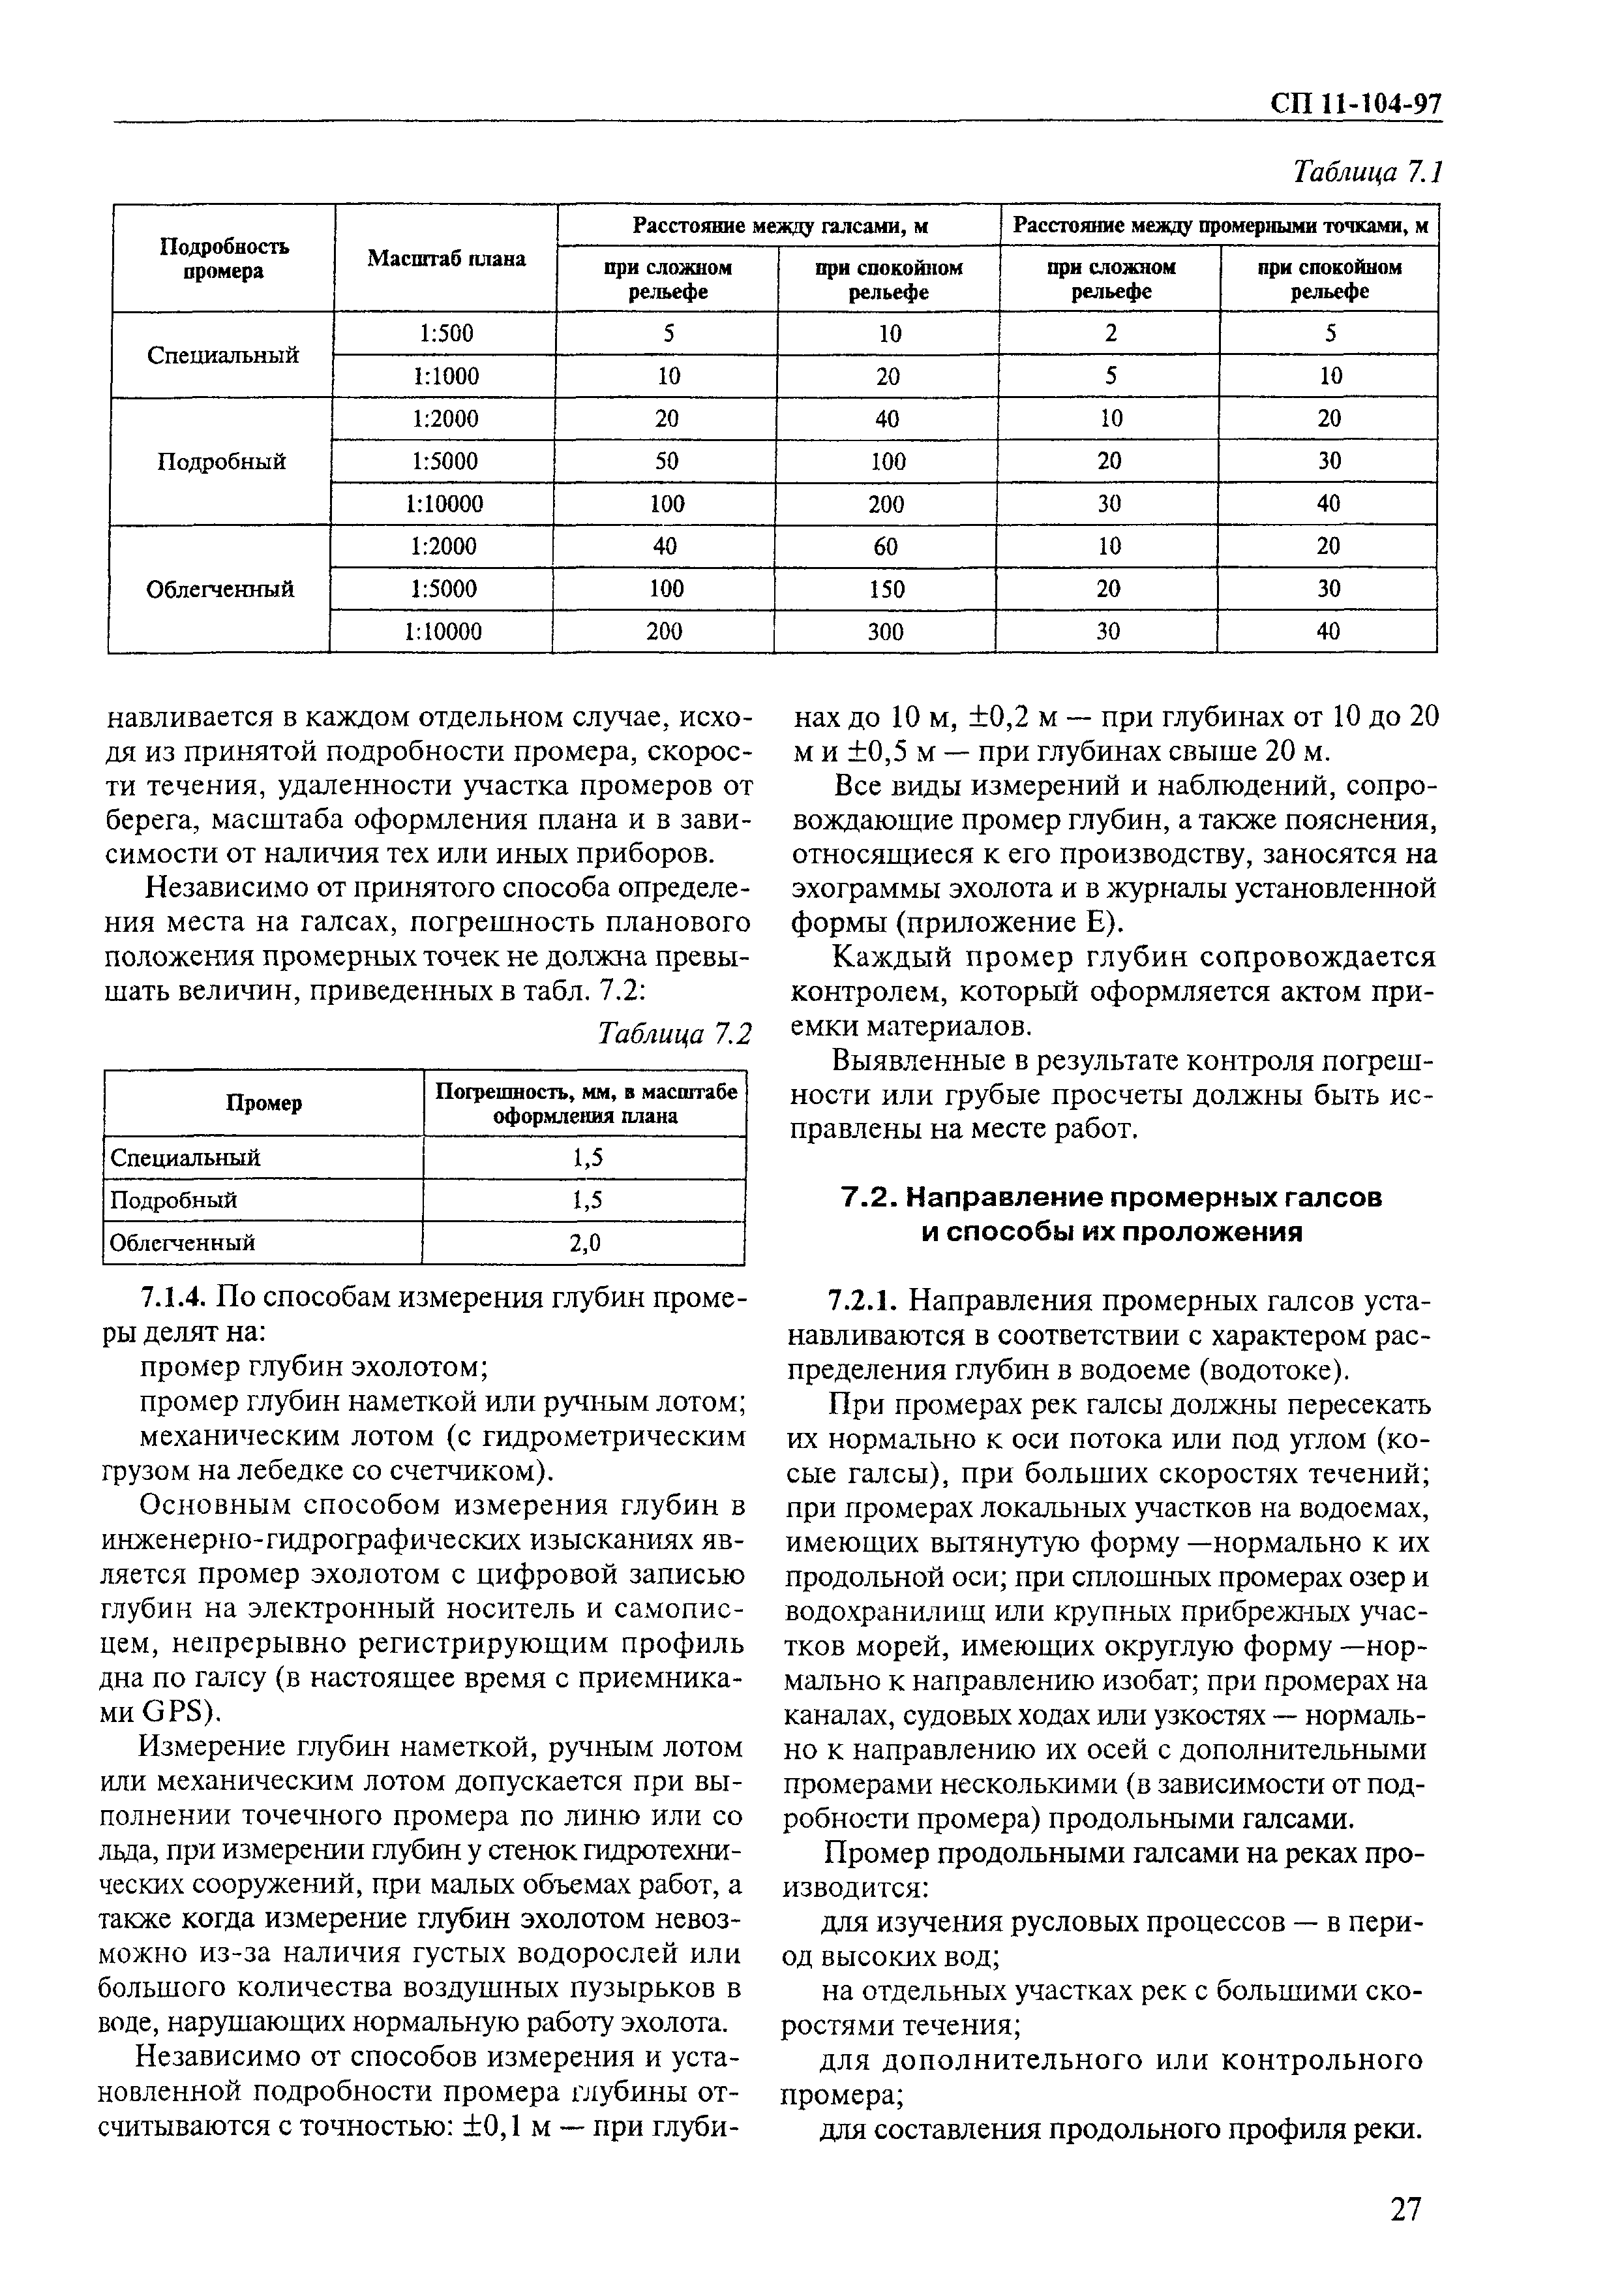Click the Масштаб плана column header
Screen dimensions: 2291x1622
[x=445, y=259]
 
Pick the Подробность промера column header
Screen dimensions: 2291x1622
[x=224, y=259]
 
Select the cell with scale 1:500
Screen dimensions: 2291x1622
[x=445, y=333]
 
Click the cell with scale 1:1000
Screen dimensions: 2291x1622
[x=445, y=377]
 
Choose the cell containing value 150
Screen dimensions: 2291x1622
[x=885, y=589]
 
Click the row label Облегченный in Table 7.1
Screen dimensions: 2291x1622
[x=220, y=589]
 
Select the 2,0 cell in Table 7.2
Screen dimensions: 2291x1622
[x=585, y=1243]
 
